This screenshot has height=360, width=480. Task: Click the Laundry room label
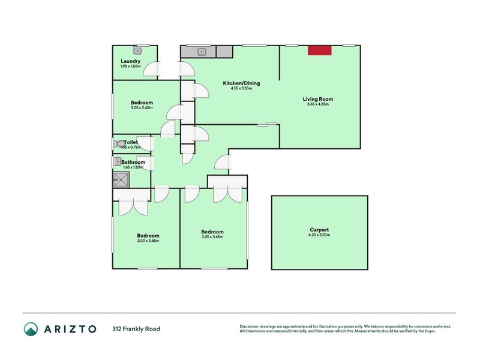(130, 61)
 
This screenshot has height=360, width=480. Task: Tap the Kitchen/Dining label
(241, 83)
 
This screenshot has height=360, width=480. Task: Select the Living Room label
(317, 99)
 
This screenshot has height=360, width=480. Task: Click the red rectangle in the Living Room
(320, 51)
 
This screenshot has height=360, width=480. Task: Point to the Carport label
(319, 230)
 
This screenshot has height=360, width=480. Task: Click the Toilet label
(131, 142)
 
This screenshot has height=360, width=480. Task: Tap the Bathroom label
(133, 162)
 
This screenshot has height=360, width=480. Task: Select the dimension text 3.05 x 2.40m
(142, 108)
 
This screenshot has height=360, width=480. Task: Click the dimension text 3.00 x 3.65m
(148, 241)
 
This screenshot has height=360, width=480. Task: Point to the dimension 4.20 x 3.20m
(319, 235)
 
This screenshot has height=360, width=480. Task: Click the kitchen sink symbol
(202, 52)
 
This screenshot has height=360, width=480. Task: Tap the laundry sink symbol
(137, 51)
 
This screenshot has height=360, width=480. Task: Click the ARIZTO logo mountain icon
(31, 328)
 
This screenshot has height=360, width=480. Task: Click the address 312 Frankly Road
(136, 329)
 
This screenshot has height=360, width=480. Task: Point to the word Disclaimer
(251, 326)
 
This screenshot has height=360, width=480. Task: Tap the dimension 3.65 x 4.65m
(317, 104)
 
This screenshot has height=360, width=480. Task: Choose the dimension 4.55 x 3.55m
(241, 88)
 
